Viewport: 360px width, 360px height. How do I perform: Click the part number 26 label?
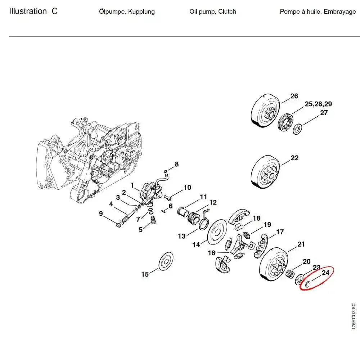coord(294,96)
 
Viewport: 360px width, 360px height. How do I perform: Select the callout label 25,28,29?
coord(318,104)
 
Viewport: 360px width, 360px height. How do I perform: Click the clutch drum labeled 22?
coord(265,172)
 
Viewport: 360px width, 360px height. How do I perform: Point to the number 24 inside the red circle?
coord(325,273)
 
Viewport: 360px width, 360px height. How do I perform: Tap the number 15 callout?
coord(145,274)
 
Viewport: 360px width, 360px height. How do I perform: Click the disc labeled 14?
coord(218,233)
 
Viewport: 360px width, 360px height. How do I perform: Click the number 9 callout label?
coord(101,213)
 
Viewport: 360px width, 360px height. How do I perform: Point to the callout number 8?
coord(176,164)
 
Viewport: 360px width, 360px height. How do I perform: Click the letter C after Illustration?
coord(54,11)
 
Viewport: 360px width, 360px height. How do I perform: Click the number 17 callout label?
coord(279,232)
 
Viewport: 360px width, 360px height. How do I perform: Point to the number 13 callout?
coord(182,236)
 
